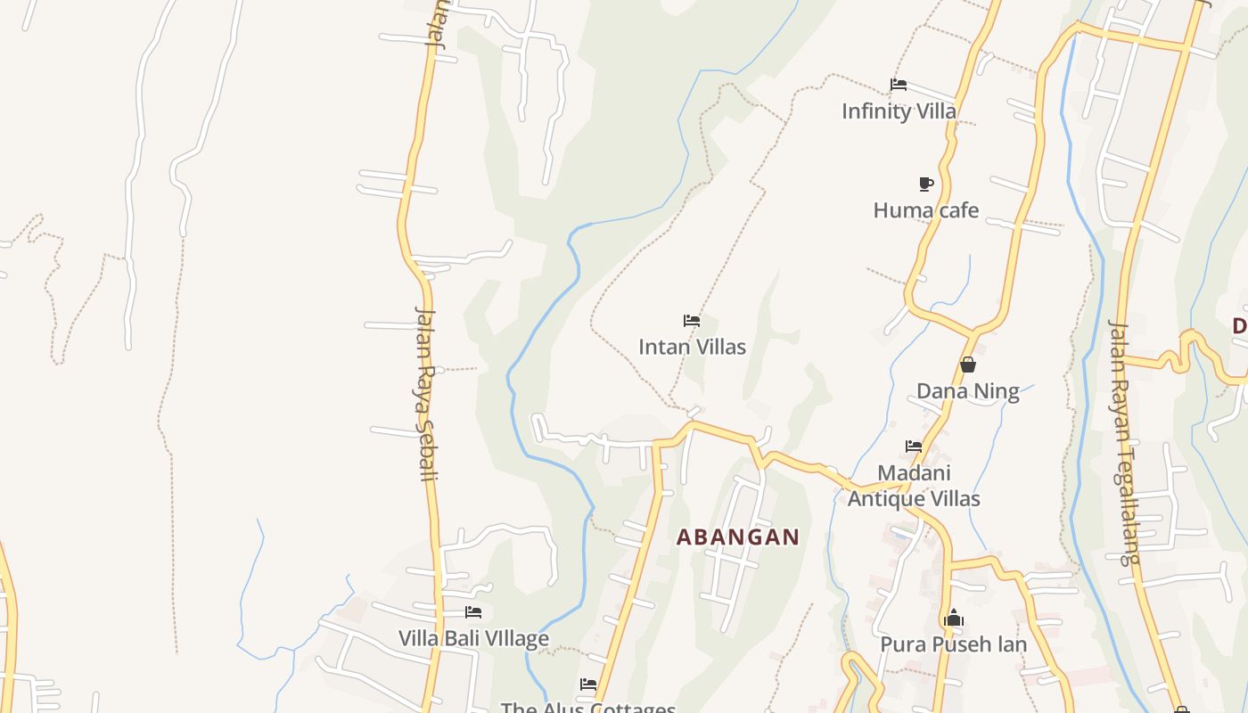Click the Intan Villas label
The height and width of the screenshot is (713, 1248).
[692, 347]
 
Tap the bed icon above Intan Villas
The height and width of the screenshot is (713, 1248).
[691, 321]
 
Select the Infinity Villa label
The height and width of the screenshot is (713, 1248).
[899, 111]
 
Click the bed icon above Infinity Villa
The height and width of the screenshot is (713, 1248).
[899, 86]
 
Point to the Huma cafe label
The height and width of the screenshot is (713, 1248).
[925, 210]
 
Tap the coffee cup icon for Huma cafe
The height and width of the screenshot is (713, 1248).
[926, 184]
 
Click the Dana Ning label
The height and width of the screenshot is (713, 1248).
[967, 391]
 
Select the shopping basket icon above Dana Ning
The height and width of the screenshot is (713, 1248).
[968, 365]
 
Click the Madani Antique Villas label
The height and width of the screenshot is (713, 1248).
[914, 486]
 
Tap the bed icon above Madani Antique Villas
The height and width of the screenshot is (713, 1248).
[914, 447]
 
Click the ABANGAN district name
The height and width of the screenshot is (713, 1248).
[737, 537]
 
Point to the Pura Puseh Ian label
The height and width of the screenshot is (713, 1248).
[953, 643]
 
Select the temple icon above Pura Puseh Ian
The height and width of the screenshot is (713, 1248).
[953, 618]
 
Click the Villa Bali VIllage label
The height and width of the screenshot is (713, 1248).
[473, 638]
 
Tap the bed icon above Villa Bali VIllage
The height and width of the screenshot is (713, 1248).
[473, 612]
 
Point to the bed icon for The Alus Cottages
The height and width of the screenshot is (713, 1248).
[588, 684]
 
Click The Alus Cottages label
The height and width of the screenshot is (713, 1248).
[588, 708]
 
